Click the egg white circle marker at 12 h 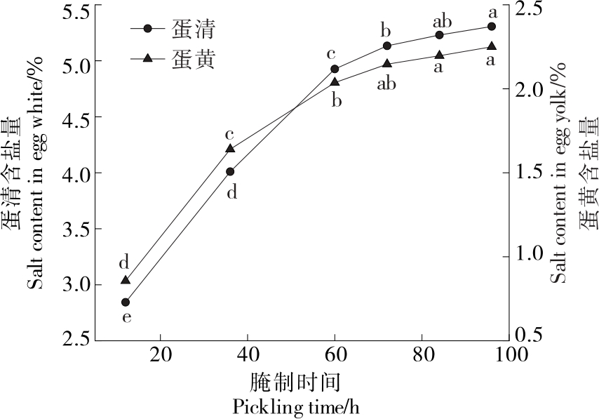[x=126, y=302]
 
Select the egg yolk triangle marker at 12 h [x=126, y=280]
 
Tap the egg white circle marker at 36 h [x=230, y=171]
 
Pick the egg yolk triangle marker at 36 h [x=230, y=148]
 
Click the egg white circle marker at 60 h [x=335, y=69]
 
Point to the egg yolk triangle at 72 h [x=387, y=64]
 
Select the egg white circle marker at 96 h [x=492, y=27]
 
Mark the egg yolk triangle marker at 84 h [x=439, y=55]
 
